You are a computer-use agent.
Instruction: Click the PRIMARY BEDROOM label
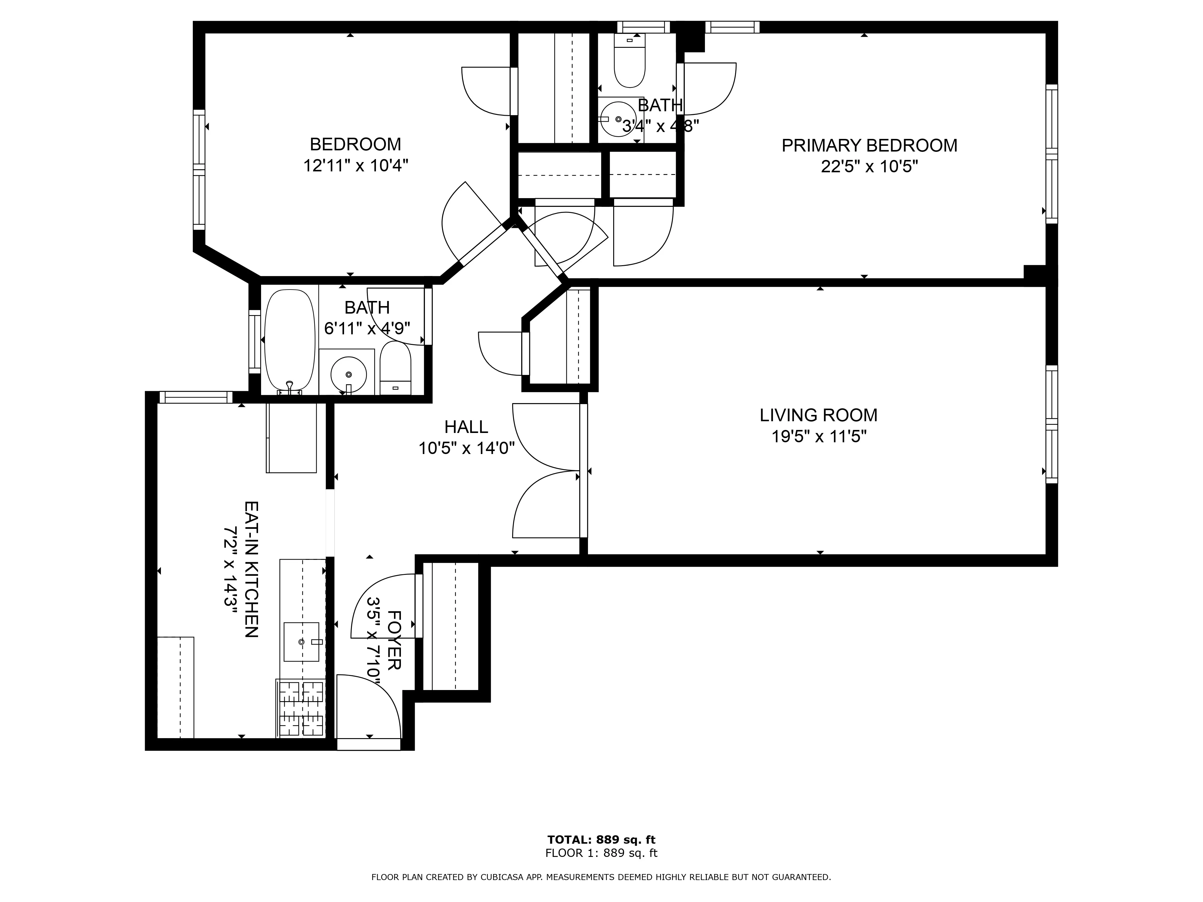click(x=869, y=146)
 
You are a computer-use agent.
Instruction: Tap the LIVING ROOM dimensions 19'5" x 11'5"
click(x=819, y=437)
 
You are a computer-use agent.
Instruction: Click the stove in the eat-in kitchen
click(x=301, y=708)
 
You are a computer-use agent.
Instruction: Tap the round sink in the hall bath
click(x=348, y=374)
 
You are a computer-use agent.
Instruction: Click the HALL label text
click(x=466, y=427)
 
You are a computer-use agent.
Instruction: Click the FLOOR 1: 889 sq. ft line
click(x=601, y=853)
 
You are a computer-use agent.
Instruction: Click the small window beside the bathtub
click(x=254, y=342)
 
